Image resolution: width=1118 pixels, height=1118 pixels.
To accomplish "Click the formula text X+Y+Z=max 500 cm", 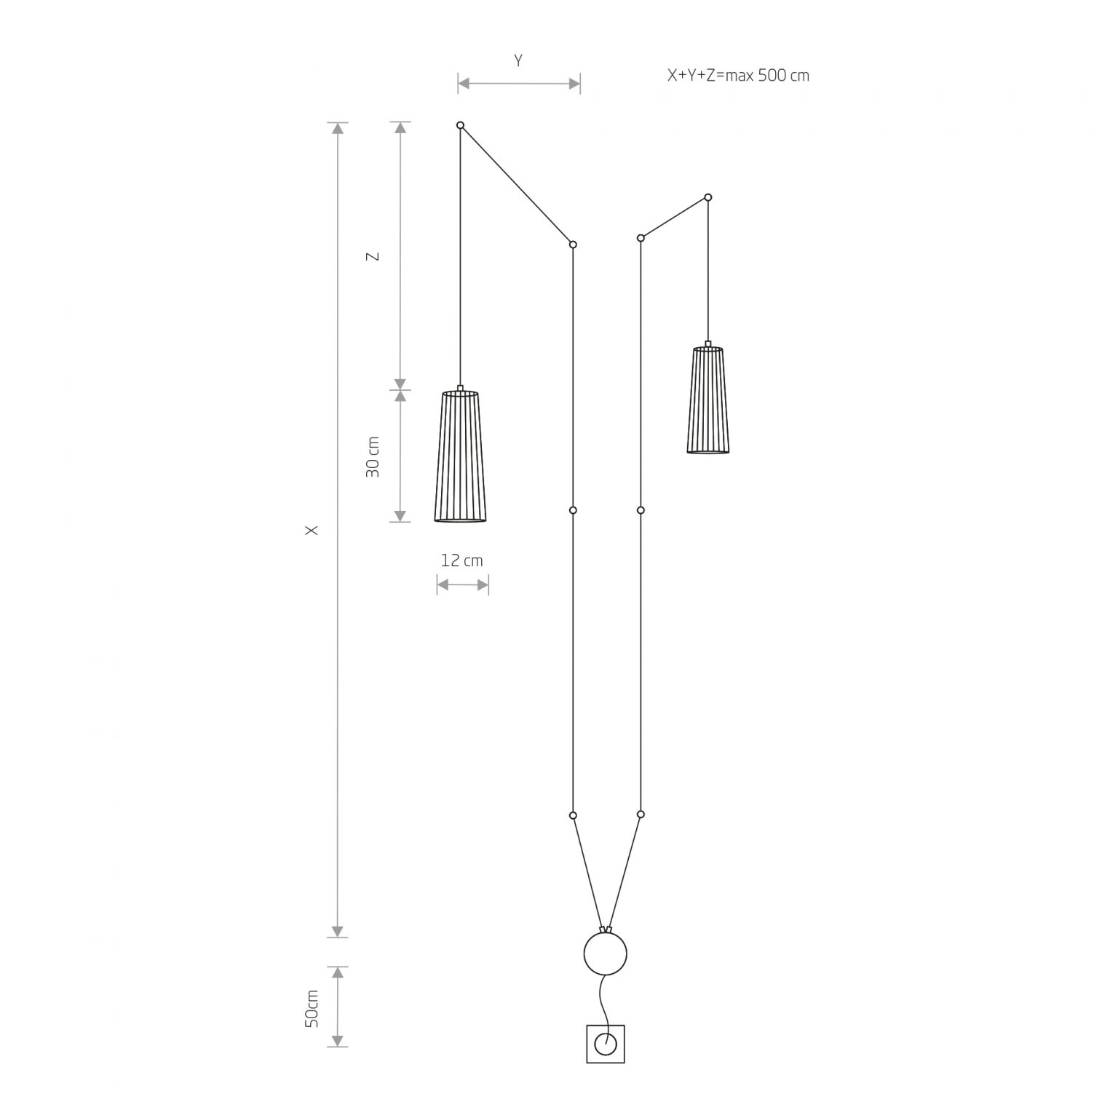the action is pyautogui.click(x=738, y=75).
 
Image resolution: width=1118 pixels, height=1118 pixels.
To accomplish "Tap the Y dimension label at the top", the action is pyautogui.click(x=518, y=60).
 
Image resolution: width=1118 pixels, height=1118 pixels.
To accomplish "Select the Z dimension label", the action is pyautogui.click(x=373, y=256).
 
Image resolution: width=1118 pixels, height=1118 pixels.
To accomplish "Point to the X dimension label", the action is pyautogui.click(x=312, y=531).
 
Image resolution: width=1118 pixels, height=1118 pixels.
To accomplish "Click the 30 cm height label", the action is pyautogui.click(x=373, y=457).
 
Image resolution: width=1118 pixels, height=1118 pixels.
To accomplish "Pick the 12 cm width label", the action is pyautogui.click(x=461, y=560).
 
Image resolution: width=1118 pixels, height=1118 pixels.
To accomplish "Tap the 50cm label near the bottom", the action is pyautogui.click(x=312, y=1008).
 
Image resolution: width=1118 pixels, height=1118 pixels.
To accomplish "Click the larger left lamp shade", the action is pyautogui.click(x=460, y=456).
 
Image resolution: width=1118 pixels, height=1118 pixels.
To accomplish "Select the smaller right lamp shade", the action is pyautogui.click(x=708, y=400).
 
